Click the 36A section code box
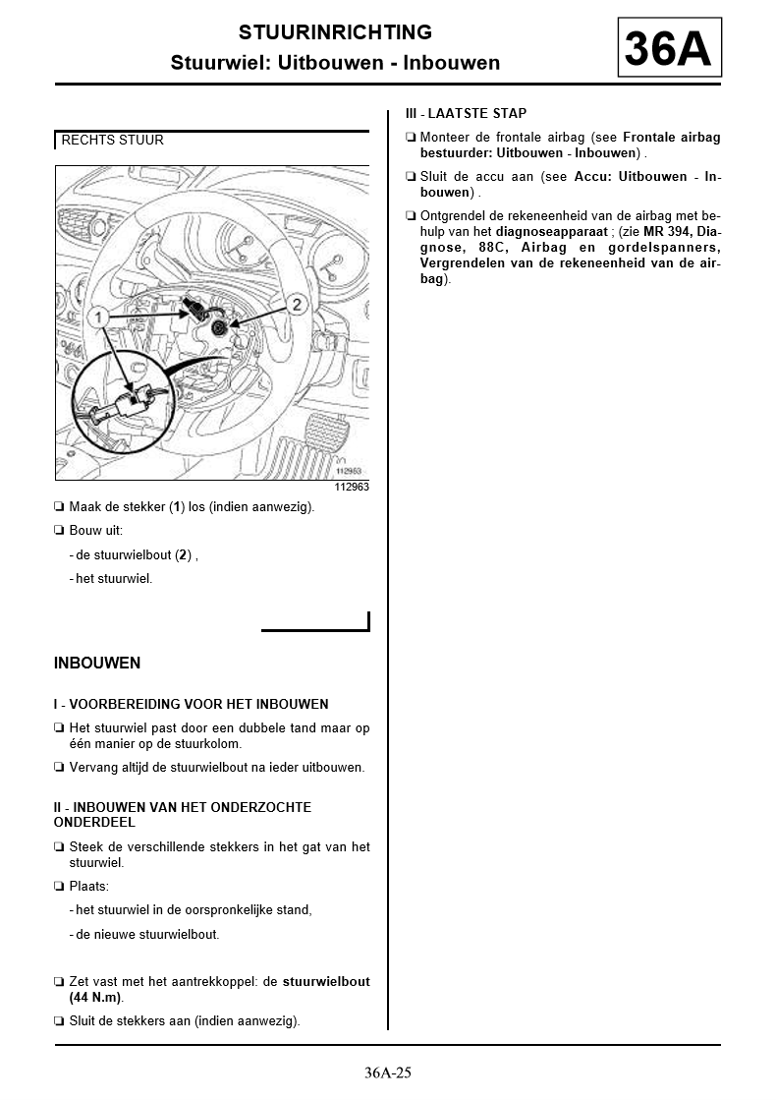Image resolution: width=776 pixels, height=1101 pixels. point(669,46)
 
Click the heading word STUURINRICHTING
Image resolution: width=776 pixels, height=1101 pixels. point(335,33)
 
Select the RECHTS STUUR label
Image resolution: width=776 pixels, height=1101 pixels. point(112,141)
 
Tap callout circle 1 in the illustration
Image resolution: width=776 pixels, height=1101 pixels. point(96,317)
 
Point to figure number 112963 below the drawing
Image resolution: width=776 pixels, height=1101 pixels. point(352,487)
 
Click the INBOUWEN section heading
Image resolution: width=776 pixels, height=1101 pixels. point(97,663)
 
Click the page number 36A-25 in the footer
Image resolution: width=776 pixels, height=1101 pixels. point(387,1072)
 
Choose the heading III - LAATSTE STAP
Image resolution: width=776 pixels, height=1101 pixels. point(466,114)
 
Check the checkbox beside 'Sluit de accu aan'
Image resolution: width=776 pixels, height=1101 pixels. point(411,177)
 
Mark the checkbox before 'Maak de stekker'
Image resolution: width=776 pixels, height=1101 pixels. point(59,507)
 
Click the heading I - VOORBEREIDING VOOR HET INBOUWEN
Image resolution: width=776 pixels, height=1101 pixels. point(191,704)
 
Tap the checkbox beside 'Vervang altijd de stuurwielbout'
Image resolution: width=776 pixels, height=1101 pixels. point(59,768)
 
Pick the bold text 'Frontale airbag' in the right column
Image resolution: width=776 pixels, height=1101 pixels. point(671,138)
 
